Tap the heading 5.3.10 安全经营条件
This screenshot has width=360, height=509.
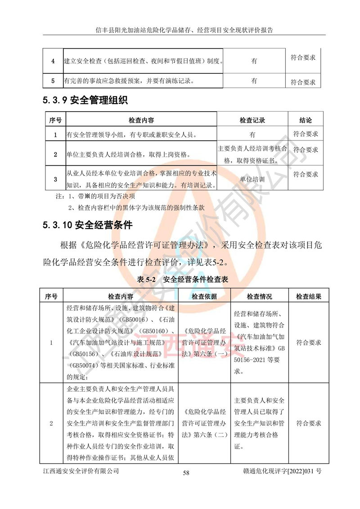[x=88, y=225]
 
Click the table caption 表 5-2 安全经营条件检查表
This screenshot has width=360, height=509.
[x=183, y=279]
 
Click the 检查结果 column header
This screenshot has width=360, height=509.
[x=308, y=297]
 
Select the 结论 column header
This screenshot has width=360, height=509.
[x=305, y=121]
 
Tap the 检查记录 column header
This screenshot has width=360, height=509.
[x=252, y=121]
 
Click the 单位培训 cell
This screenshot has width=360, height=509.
[x=252, y=179]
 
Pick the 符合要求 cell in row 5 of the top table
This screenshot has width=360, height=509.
[x=302, y=82]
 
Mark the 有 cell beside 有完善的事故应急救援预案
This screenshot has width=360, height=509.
[x=254, y=81]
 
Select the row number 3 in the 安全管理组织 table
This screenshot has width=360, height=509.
[x=55, y=179]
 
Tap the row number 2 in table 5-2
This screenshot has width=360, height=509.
[x=51, y=423]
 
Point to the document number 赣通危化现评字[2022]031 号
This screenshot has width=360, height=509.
[x=281, y=471]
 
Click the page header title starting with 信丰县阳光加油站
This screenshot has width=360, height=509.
[x=184, y=30]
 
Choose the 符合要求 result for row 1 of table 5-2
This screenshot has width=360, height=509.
[x=308, y=342]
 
